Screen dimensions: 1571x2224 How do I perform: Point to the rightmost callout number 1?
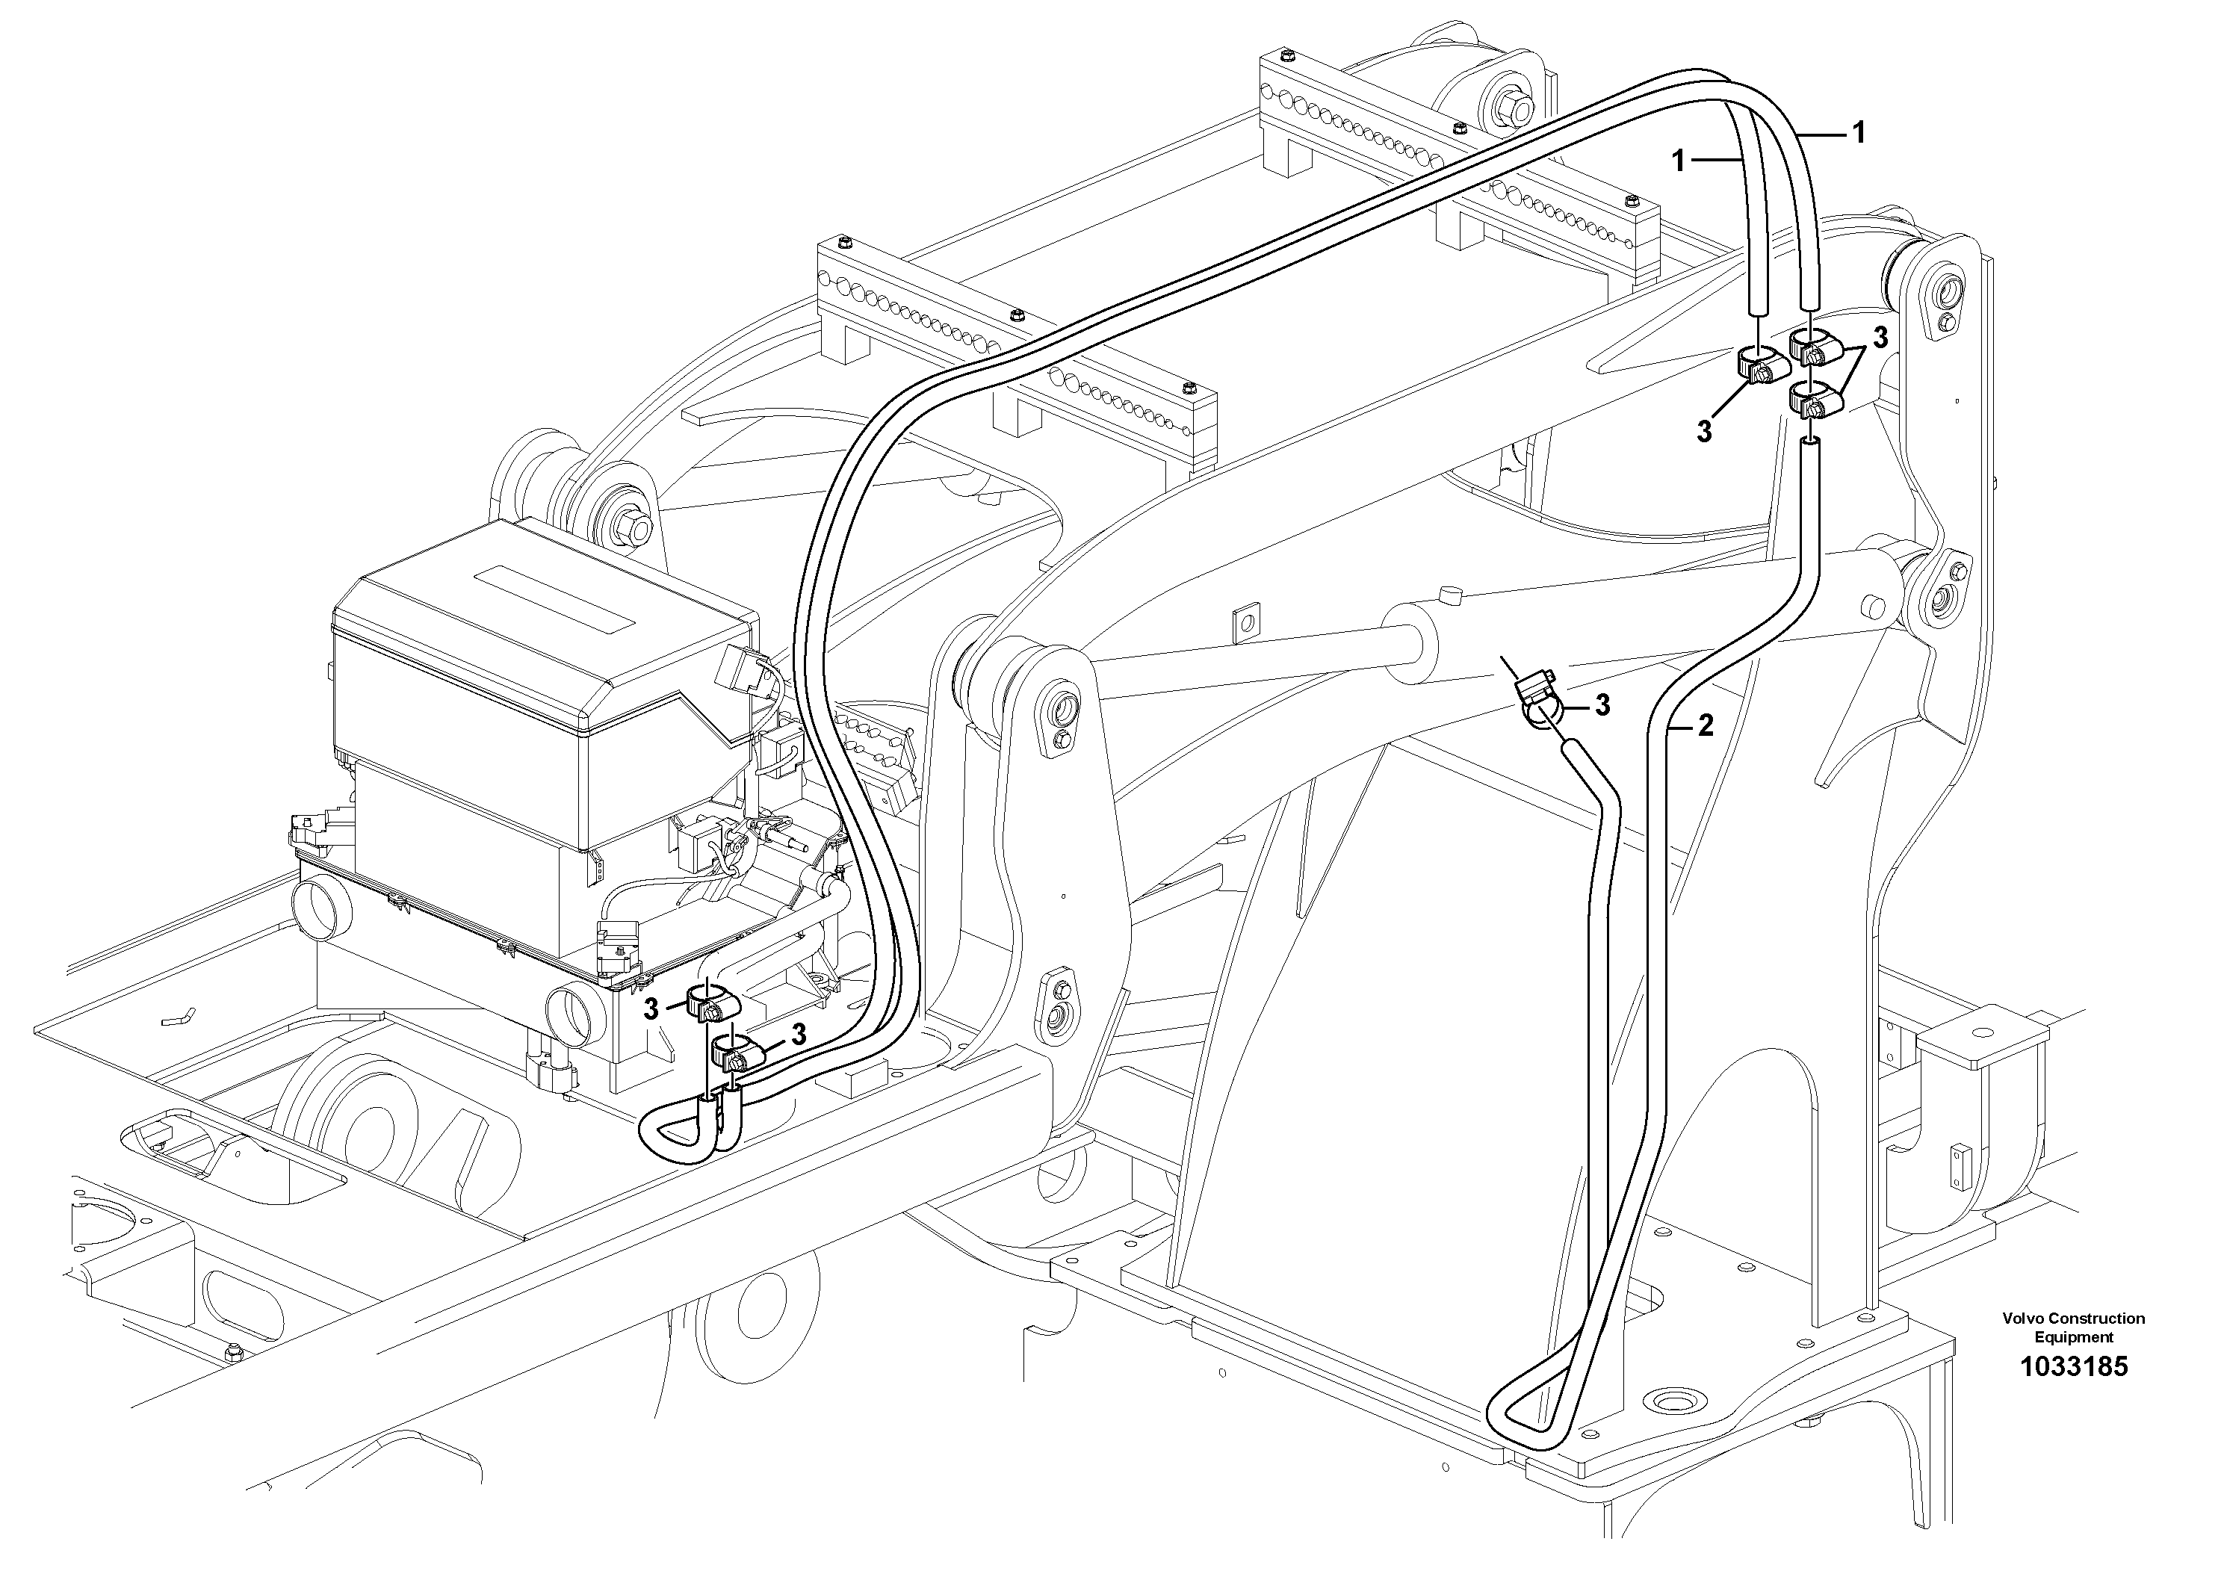(x=1858, y=133)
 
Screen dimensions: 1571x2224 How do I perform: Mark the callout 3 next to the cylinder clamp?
(x=1603, y=705)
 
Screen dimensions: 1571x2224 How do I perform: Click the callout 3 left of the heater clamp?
(x=651, y=1008)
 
